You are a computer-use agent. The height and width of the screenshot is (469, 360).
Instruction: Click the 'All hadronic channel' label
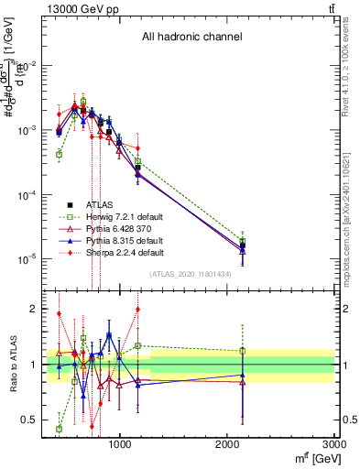coord(191,38)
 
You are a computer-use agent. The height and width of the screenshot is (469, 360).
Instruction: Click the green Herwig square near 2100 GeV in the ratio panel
coord(243,350)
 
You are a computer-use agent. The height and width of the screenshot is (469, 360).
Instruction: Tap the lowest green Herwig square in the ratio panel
coord(59,428)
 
